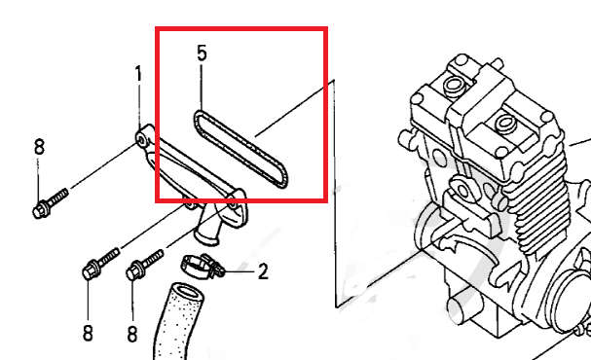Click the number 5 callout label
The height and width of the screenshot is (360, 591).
tap(202, 54)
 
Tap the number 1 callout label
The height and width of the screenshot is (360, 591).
tap(138, 74)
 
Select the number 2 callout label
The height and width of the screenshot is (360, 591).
tap(263, 271)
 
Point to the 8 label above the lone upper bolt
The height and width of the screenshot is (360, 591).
tap(39, 147)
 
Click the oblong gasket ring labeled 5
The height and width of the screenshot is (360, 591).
tap(241, 149)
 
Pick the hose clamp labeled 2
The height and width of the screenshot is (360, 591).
tap(202, 266)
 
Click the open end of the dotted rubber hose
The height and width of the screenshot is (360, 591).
tap(189, 293)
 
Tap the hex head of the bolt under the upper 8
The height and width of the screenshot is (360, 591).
tap(40, 210)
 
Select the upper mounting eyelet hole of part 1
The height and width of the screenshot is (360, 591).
tap(142, 141)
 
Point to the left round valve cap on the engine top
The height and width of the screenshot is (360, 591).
tap(453, 86)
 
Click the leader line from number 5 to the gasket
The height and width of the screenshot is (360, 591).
tap(202, 88)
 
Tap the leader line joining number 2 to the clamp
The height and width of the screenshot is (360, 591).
tap(240, 271)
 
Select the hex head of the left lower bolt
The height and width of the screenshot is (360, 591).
tap(91, 270)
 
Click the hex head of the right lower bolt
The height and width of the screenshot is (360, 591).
tap(134, 271)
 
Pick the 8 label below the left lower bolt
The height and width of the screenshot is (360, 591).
tap(88, 334)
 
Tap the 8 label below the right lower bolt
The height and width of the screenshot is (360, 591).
tap(131, 334)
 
